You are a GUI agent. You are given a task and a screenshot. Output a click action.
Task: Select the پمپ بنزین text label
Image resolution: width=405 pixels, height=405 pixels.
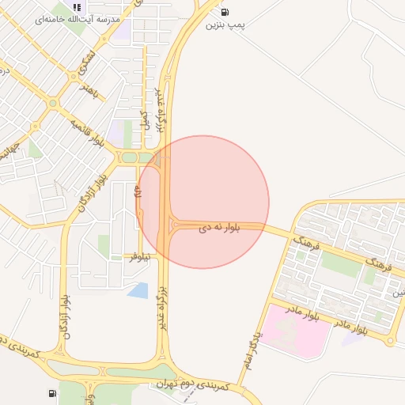point(225,25)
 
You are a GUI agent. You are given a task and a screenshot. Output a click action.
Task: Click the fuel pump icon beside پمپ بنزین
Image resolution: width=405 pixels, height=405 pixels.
point(225,12)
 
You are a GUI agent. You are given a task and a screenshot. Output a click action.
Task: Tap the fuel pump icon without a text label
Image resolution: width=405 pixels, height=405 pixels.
point(52,393)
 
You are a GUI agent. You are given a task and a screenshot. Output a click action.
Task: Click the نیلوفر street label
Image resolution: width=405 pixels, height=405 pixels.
point(141,257)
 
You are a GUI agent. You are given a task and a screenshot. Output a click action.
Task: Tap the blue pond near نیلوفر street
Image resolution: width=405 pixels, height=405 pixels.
point(138,290)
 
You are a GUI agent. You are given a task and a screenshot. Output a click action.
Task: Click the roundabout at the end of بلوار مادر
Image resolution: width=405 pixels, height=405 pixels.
point(390,341)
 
